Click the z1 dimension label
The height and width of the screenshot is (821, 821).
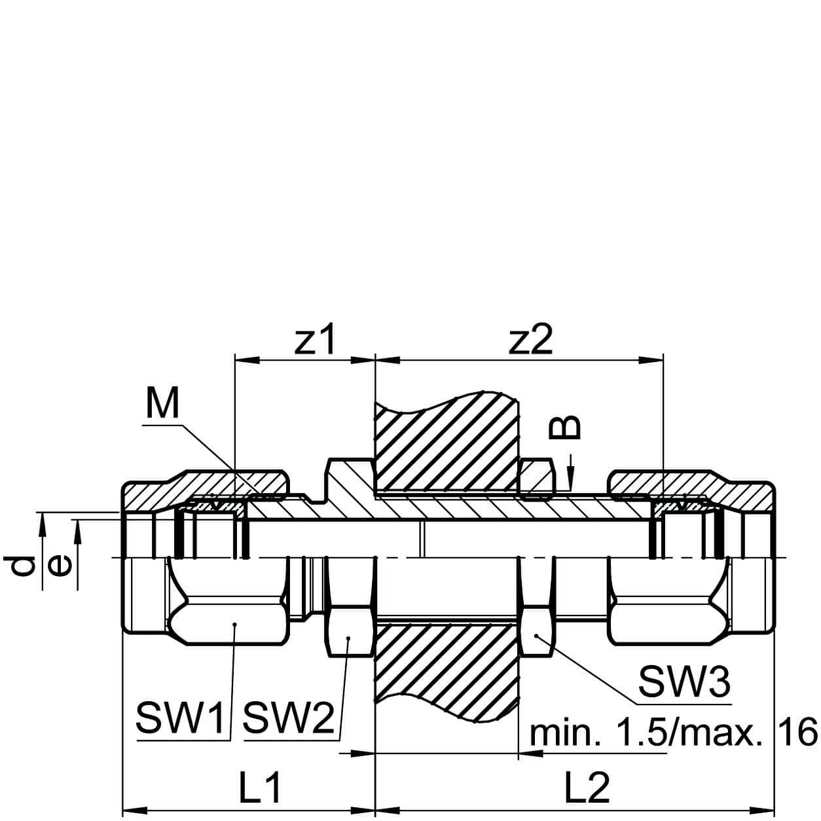315,340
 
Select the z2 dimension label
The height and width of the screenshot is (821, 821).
531,340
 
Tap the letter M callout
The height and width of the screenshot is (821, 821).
162,404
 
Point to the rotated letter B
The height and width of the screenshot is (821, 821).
564,427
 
